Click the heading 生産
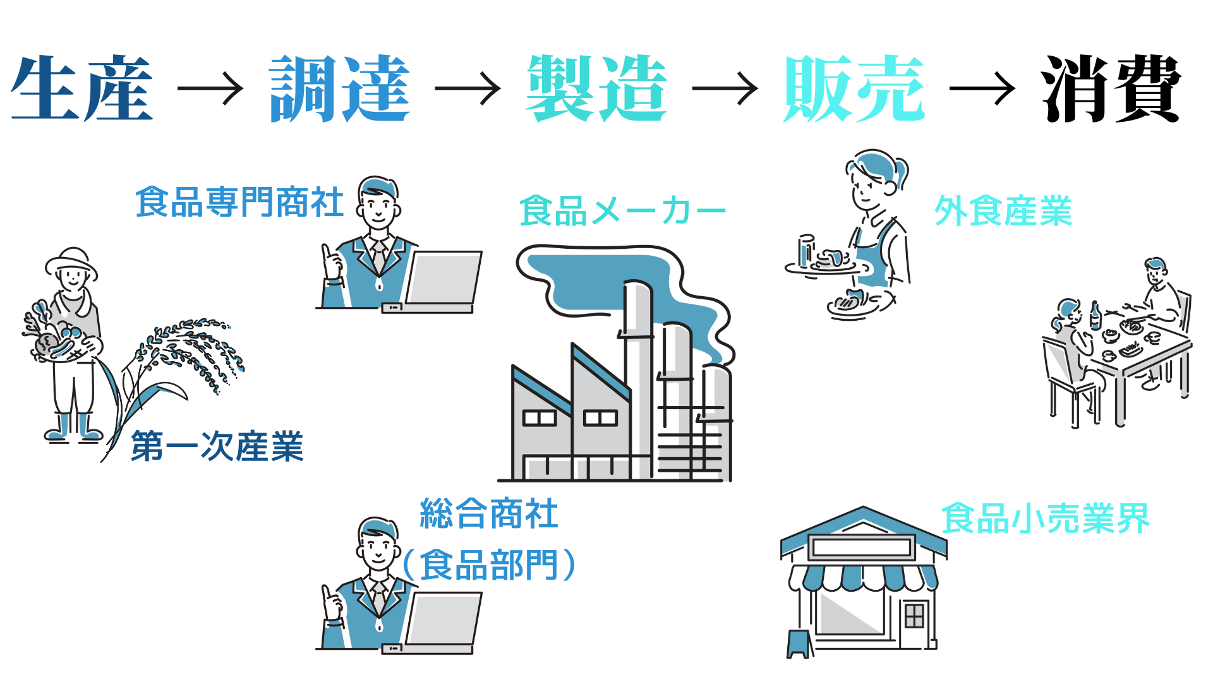click(x=82, y=88)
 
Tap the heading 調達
click(x=340, y=88)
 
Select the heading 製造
click(x=597, y=88)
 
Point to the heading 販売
click(x=854, y=88)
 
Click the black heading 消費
click(x=1111, y=88)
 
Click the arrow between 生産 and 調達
click(x=210, y=88)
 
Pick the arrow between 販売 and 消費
click(x=982, y=88)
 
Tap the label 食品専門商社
click(x=239, y=202)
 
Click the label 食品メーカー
click(x=623, y=211)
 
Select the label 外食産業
click(x=1003, y=211)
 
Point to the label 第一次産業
click(x=217, y=446)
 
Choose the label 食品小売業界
click(x=1046, y=518)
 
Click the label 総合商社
click(x=489, y=513)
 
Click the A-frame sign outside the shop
click(x=800, y=644)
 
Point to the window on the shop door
click(x=914, y=615)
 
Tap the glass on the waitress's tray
click(x=806, y=251)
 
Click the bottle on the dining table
click(x=1095, y=316)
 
